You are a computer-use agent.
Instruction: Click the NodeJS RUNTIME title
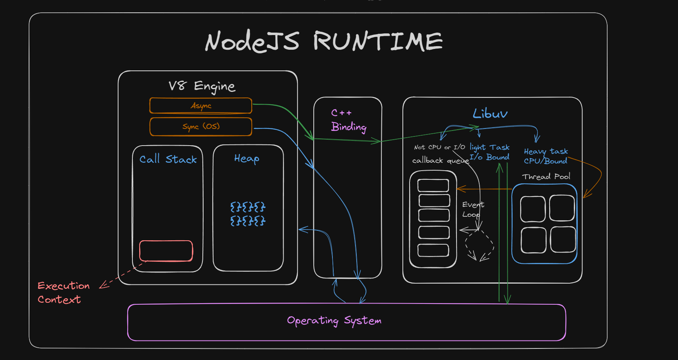324,41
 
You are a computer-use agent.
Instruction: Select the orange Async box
201,105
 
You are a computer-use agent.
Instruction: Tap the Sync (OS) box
201,126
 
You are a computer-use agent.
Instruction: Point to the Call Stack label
168,159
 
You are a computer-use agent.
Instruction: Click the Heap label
247,158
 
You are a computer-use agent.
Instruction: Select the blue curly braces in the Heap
248,214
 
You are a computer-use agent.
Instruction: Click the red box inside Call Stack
166,251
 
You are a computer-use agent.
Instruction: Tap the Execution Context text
64,292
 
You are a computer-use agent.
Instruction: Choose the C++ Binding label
349,120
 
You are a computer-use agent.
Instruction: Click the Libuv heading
490,113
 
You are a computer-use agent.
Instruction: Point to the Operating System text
334,320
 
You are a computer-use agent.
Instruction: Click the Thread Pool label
546,177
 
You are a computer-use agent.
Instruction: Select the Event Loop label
473,210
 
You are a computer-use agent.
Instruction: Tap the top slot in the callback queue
433,185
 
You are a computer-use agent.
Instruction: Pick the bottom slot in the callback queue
433,250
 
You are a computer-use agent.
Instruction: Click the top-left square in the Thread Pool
533,209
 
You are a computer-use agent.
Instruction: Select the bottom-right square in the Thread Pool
563,239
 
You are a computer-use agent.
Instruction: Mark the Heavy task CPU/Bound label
546,156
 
